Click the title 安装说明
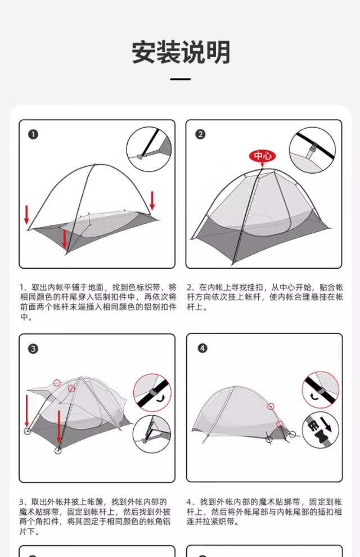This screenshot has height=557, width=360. point(181,52)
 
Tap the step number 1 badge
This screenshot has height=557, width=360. point(33,134)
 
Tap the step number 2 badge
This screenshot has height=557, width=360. point(200,134)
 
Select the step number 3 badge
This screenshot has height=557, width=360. point(33,348)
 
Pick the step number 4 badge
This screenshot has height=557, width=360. point(202,348)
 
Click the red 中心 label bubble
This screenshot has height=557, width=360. point(262,156)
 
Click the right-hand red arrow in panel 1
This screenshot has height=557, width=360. point(152,201)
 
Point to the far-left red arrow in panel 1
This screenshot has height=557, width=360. point(26,215)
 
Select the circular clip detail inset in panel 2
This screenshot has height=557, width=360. point(312,150)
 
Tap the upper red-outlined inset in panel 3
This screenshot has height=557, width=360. point(152,393)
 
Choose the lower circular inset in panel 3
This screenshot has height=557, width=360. point(152,434)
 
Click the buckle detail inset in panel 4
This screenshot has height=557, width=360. point(321,429)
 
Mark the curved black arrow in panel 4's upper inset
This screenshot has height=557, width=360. point(314,395)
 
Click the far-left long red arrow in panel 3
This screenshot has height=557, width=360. point(26,410)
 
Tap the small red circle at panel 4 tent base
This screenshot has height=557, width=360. point(280,424)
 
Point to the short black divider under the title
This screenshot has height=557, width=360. point(181,79)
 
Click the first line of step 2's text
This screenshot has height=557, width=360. point(265,287)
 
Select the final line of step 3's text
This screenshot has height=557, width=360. point(29,532)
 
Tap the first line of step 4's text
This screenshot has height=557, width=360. point(264,502)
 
